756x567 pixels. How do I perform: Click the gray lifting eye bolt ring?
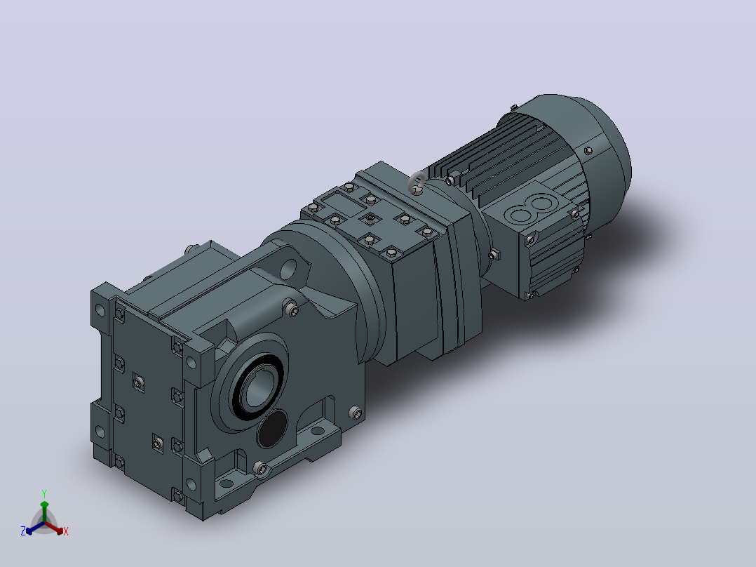[414, 182]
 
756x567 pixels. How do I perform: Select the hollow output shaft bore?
[258, 389]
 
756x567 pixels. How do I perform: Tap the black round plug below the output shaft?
[272, 429]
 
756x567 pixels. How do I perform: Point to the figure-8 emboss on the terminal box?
[530, 208]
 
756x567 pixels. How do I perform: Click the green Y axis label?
[44, 493]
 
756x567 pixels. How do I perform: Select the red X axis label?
[66, 531]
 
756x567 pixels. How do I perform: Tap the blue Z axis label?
[23, 531]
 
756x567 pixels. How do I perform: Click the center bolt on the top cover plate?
[370, 219]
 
